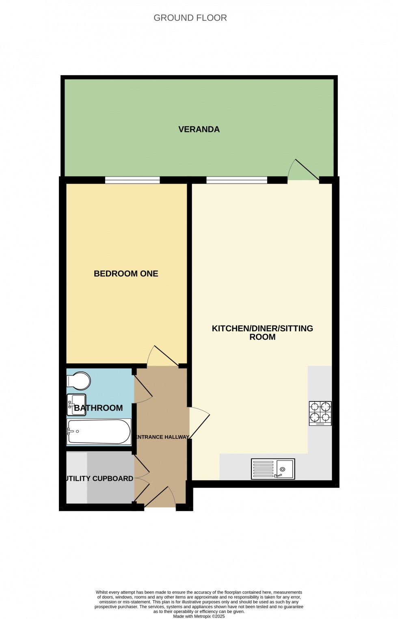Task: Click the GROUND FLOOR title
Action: click(x=190, y=18)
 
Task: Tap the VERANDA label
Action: click(x=199, y=129)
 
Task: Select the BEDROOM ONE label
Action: click(x=126, y=274)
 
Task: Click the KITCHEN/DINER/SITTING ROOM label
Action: click(x=262, y=332)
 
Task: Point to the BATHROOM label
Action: click(x=99, y=408)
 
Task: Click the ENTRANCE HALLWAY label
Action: click(x=162, y=437)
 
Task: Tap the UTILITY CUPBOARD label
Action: click(x=100, y=479)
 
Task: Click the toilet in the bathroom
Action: click(x=79, y=381)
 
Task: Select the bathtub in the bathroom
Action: click(x=98, y=431)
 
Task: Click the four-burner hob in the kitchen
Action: click(x=320, y=413)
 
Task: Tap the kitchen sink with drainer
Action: click(x=273, y=469)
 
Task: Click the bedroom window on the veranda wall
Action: click(x=132, y=180)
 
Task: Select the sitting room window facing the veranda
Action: click(x=237, y=180)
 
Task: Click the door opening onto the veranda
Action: click(x=303, y=170)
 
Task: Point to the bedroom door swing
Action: click(x=162, y=357)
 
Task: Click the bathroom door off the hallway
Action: click(x=143, y=388)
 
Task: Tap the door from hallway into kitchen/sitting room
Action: click(x=199, y=422)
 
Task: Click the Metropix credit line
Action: click(x=199, y=616)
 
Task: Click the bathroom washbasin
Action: click(x=76, y=403)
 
